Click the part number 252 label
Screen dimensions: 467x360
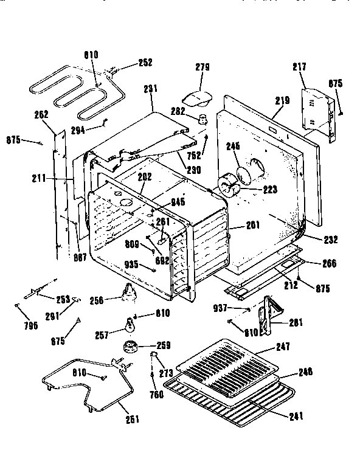pyautogui.click(x=145, y=62)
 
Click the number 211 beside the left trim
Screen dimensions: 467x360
pyautogui.click(x=39, y=179)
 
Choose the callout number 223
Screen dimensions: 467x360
pyautogui.click(x=269, y=189)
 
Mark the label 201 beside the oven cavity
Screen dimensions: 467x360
pyautogui.click(x=253, y=225)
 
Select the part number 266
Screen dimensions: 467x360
pyautogui.click(x=328, y=264)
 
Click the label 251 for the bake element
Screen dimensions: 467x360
pyautogui.click(x=131, y=419)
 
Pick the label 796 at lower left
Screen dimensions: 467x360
pyautogui.click(x=30, y=325)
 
